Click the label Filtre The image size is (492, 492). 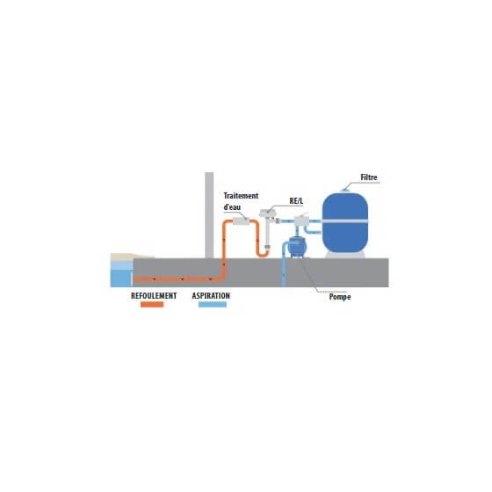(369, 177)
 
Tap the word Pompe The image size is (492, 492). (340, 297)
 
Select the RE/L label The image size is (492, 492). (296, 201)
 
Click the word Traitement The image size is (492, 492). (241, 196)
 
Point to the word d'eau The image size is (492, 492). (232, 207)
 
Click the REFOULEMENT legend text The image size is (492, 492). (154, 296)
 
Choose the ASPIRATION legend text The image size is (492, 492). (211, 296)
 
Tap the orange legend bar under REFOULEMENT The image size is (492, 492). (152, 304)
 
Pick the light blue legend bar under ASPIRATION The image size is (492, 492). (213, 304)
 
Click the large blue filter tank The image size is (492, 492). (345, 223)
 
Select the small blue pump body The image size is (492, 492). (296, 247)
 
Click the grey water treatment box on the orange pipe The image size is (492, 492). (241, 221)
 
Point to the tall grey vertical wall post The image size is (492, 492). (209, 215)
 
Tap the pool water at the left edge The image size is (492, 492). (121, 278)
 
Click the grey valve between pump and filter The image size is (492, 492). (301, 221)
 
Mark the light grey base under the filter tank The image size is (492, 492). (345, 255)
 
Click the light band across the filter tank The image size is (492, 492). (345, 221)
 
